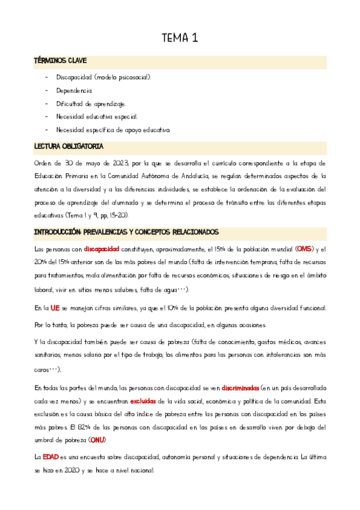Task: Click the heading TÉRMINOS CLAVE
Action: click(x=61, y=61)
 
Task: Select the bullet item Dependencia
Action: click(x=74, y=91)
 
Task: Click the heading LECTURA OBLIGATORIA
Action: click(x=69, y=146)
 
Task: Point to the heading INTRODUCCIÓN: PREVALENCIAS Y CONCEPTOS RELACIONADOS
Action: click(x=127, y=232)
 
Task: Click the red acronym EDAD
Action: click(x=50, y=458)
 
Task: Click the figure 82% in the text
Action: click(x=85, y=428)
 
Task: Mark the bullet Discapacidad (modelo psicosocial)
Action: click(x=103, y=78)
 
